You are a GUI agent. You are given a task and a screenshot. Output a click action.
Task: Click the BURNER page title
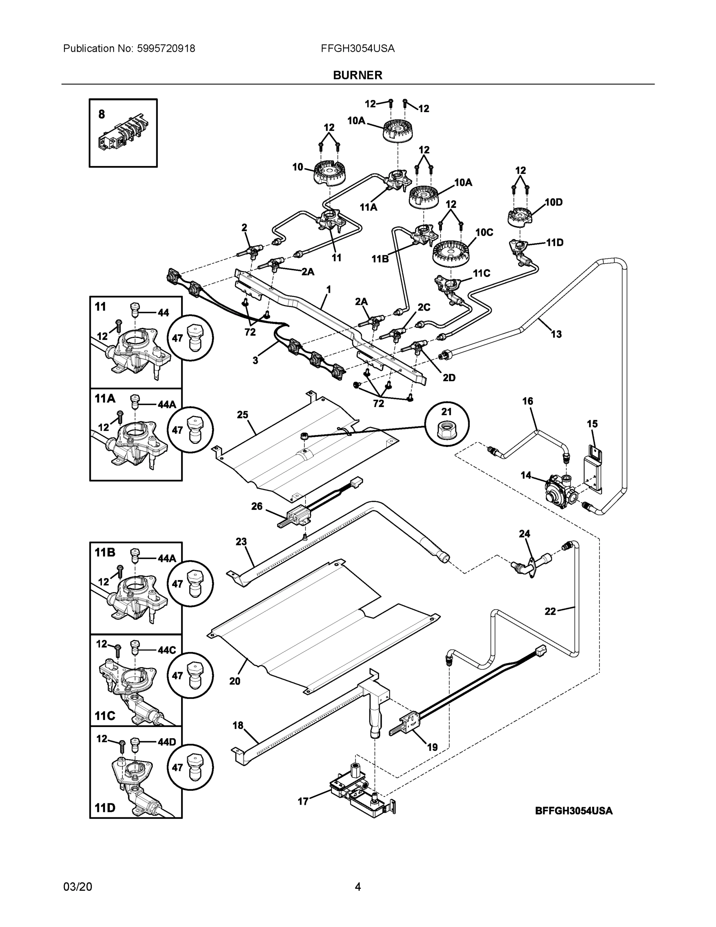click(357, 75)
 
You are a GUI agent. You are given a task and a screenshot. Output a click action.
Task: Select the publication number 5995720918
click(166, 49)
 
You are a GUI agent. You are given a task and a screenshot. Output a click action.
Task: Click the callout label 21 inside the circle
click(447, 411)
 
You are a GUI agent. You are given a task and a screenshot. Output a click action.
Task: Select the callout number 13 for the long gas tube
click(556, 334)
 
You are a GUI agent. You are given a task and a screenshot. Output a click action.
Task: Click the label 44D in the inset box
click(167, 742)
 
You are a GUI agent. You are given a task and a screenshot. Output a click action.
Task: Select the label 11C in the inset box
click(105, 716)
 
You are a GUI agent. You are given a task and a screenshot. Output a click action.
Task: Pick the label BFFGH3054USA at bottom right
click(574, 811)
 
